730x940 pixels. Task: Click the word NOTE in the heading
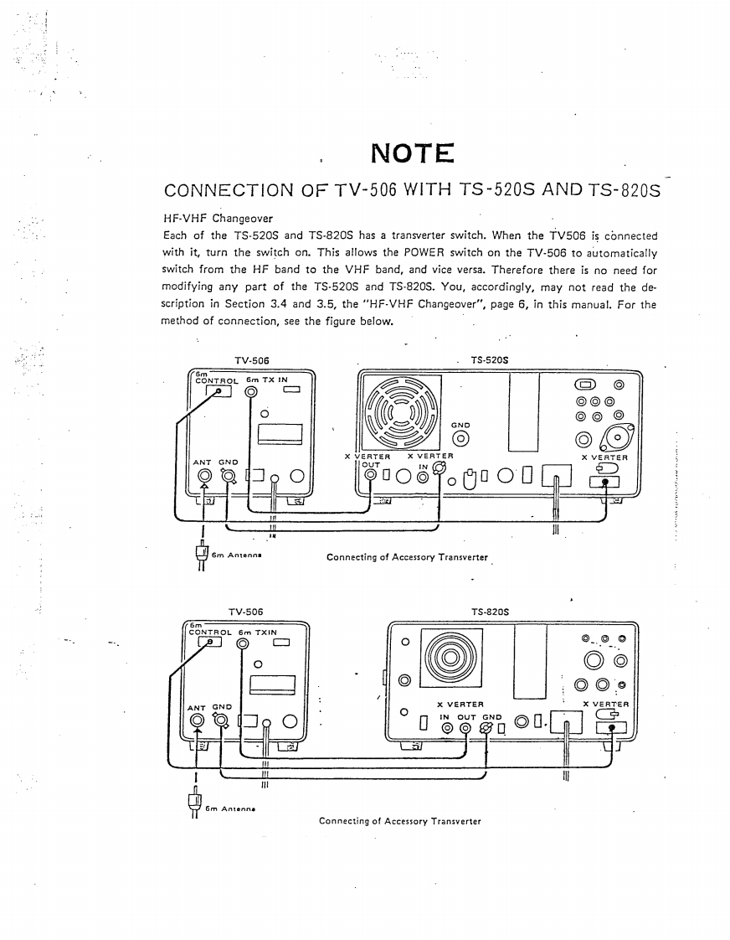point(411,155)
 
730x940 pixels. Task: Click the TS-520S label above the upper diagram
point(490,360)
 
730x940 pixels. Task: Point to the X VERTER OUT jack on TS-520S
point(371,477)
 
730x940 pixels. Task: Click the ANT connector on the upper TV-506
point(204,478)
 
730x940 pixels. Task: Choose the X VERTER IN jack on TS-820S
point(447,728)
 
